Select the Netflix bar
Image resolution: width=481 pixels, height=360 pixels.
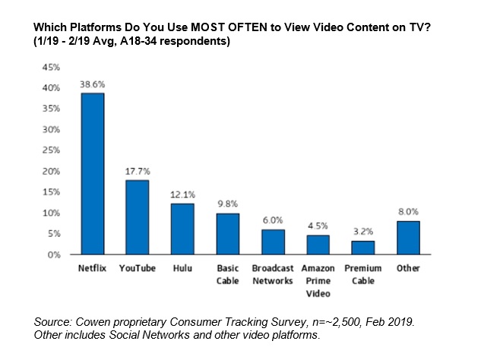(x=93, y=173)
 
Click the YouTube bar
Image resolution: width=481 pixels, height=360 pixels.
(x=138, y=217)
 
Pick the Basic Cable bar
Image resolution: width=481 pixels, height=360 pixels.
(x=227, y=234)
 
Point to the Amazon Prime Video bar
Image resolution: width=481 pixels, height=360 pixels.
(x=317, y=245)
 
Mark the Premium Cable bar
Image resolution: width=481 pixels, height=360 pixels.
(x=362, y=248)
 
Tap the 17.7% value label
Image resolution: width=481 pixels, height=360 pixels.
(x=138, y=172)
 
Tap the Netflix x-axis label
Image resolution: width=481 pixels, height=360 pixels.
(x=93, y=268)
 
